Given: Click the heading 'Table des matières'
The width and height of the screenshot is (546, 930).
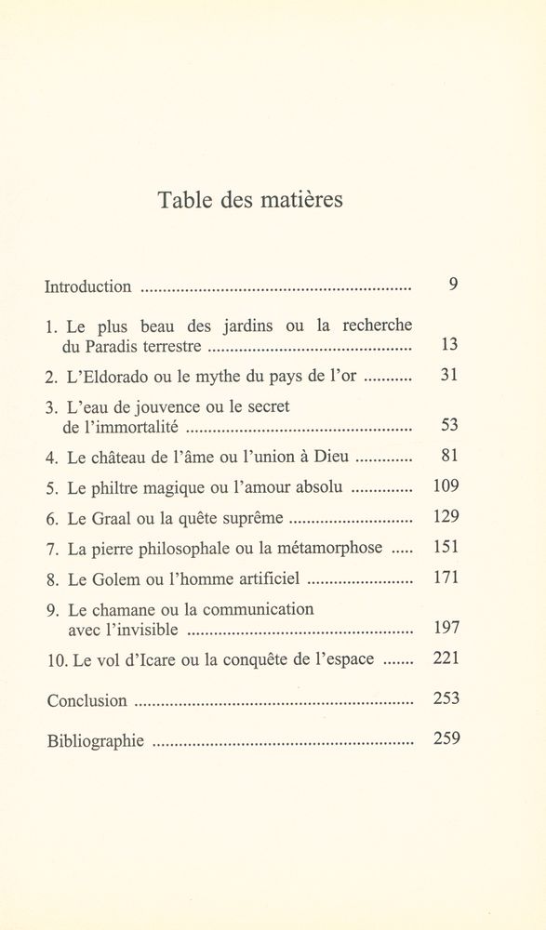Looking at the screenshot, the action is tap(251, 200).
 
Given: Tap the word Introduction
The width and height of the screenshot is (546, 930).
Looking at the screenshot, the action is tap(88, 286).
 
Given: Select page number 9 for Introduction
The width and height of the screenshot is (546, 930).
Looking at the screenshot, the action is tap(452, 286).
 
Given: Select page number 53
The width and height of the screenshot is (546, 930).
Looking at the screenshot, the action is tap(448, 428).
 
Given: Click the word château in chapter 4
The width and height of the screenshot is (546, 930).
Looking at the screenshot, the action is tap(122, 458).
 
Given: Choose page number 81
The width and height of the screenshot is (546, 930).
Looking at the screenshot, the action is tap(448, 458).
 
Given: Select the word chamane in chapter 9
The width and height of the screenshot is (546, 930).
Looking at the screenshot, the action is tap(126, 610).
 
